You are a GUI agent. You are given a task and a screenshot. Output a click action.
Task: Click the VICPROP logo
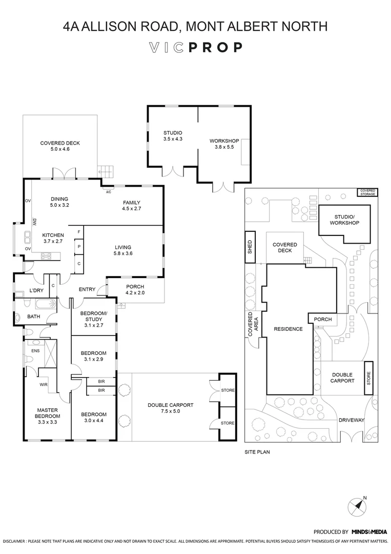click(195, 48)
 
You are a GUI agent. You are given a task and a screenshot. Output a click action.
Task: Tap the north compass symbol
click(358, 507)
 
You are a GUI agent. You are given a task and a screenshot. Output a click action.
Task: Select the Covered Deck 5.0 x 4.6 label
click(60, 146)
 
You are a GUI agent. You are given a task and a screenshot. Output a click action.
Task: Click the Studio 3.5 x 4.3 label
click(173, 135)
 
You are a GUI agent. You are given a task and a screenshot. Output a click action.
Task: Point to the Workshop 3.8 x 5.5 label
click(224, 144)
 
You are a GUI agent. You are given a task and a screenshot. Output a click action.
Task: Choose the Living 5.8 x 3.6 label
click(123, 250)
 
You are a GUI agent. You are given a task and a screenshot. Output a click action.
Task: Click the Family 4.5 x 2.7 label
click(131, 206)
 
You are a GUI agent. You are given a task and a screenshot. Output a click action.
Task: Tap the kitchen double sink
click(27, 239)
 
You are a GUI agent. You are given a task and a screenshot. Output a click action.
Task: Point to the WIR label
click(44, 384)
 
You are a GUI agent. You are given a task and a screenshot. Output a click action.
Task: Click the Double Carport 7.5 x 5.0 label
click(171, 408)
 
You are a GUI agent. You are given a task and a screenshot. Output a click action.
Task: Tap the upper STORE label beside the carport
click(228, 390)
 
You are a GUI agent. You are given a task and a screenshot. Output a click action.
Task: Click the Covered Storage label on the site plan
click(367, 193)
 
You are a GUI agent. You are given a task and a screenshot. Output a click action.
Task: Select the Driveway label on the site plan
click(351, 420)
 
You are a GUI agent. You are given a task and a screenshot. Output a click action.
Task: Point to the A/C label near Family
click(108, 192)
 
